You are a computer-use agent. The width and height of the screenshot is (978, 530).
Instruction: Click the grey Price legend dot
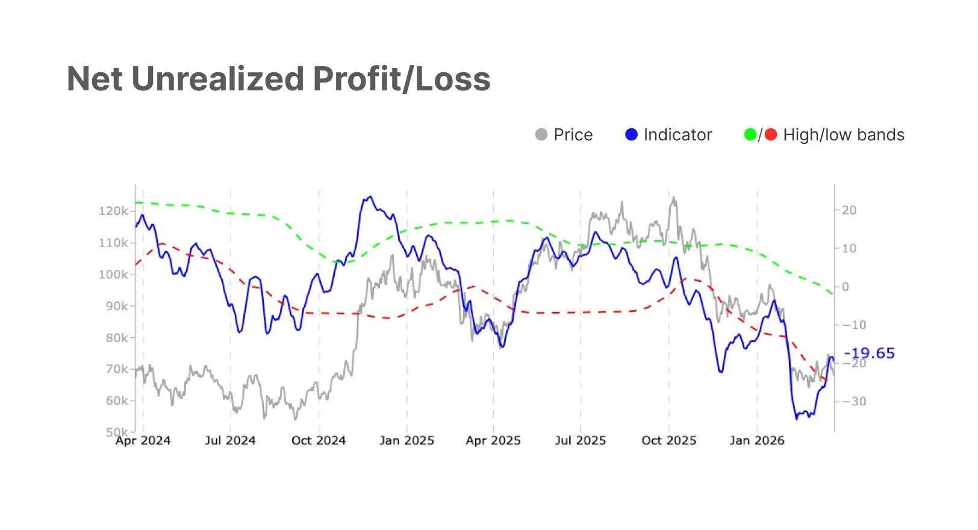point(541,135)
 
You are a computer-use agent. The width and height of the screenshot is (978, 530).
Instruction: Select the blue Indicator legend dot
point(631,135)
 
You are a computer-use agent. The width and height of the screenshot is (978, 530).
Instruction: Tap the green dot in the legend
point(750,135)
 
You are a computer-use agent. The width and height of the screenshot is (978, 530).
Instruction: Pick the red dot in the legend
point(771,135)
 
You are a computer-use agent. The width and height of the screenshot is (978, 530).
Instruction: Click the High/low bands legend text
point(844,135)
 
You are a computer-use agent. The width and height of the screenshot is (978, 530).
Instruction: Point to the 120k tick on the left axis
point(113,211)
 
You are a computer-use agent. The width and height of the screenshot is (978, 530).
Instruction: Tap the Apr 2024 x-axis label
point(143,441)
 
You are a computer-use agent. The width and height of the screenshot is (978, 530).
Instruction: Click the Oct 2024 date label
point(319,441)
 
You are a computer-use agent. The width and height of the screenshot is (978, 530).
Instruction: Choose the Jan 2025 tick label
point(406,441)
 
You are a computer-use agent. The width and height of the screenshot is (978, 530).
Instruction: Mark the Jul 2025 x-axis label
point(581,441)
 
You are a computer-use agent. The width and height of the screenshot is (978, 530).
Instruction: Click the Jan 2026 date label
point(757,441)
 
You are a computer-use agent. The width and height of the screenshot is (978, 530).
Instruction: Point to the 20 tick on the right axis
point(849,210)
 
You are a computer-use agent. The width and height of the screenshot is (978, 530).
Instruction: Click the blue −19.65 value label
point(870,354)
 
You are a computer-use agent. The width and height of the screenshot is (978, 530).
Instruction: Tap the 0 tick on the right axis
point(846,287)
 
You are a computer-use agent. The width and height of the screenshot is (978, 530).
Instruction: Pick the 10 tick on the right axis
point(849,248)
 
